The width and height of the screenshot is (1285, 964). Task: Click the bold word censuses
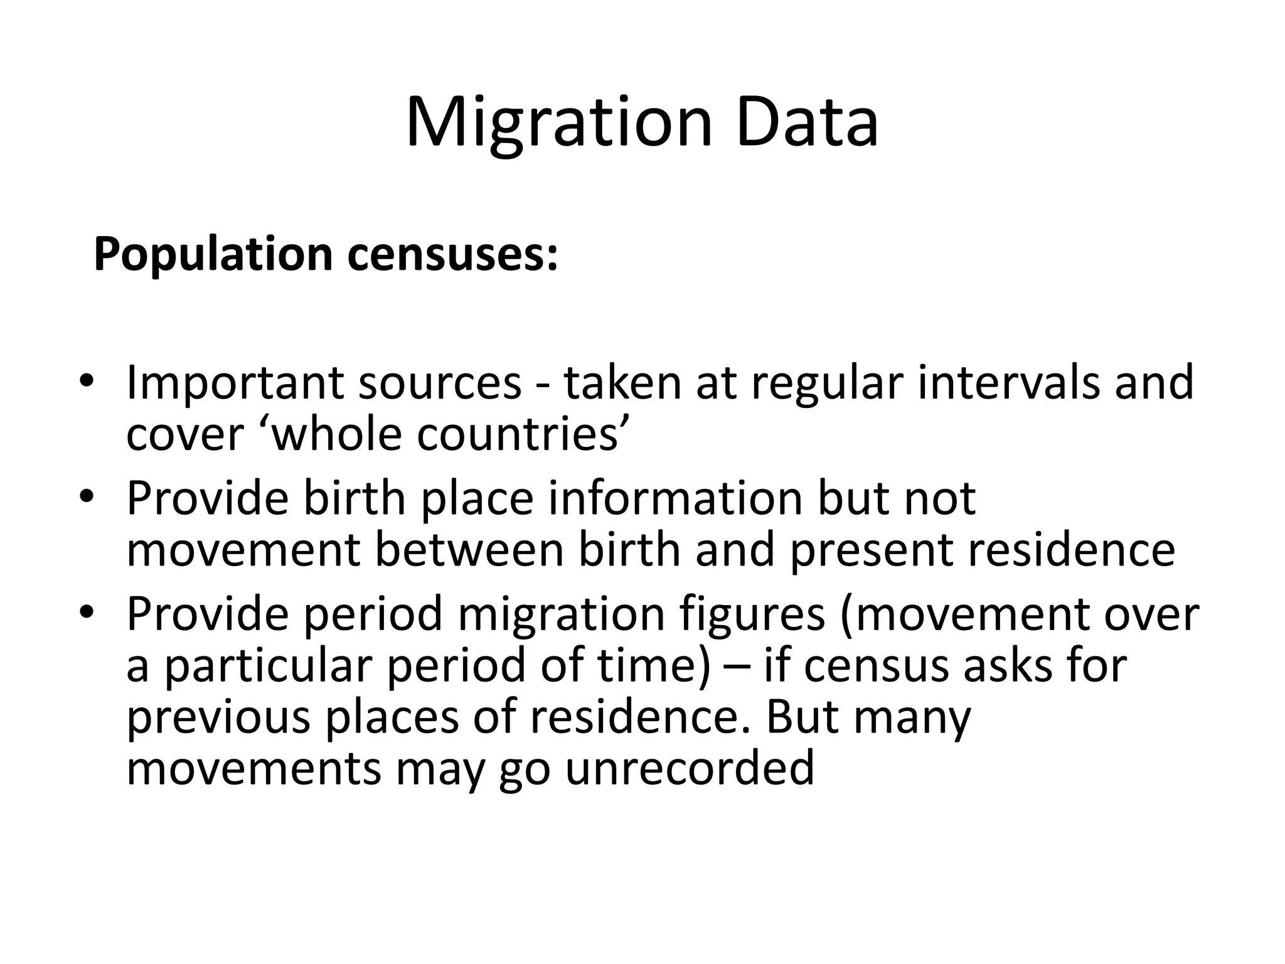pos(452,255)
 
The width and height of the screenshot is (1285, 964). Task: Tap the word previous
pos(218,718)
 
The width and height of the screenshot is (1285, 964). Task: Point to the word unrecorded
pos(690,768)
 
